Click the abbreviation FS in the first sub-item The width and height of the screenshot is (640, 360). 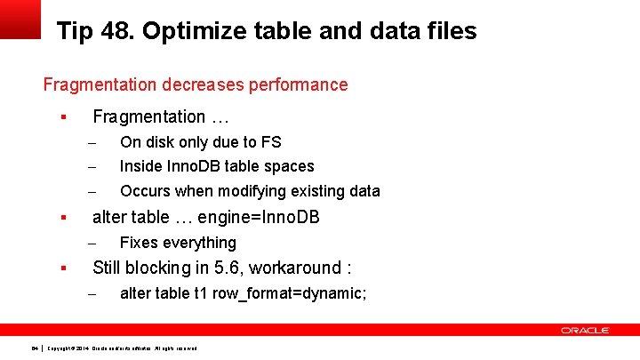(x=271, y=142)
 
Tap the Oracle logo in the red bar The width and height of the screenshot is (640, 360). (x=584, y=331)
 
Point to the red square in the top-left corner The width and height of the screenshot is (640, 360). (x=20, y=19)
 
